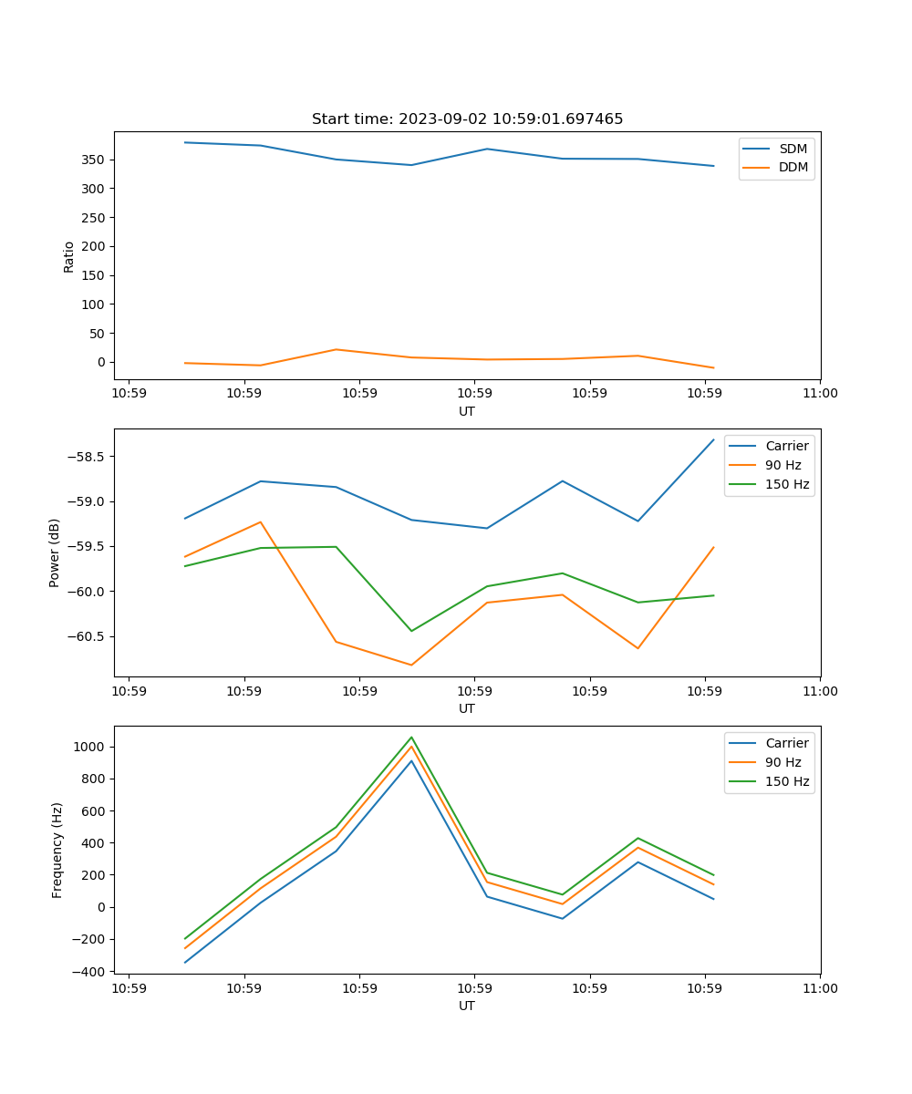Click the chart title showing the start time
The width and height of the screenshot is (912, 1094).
tap(467, 119)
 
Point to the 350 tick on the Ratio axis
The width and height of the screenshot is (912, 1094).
tap(94, 160)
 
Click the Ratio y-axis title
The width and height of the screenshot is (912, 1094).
tap(69, 256)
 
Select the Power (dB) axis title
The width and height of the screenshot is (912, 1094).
tap(55, 552)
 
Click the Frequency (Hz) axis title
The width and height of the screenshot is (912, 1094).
tap(57, 850)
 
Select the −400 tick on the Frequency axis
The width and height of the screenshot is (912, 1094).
tap(92, 972)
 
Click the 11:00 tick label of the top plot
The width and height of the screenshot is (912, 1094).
tap(820, 393)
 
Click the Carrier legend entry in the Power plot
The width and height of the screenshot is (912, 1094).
tap(786, 446)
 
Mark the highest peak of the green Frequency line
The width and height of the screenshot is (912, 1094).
tap(411, 737)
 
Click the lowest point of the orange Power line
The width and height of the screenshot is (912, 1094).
tap(411, 665)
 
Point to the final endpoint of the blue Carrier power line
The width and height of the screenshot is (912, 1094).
tap(713, 439)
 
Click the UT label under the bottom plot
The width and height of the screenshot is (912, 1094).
tap(467, 1006)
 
